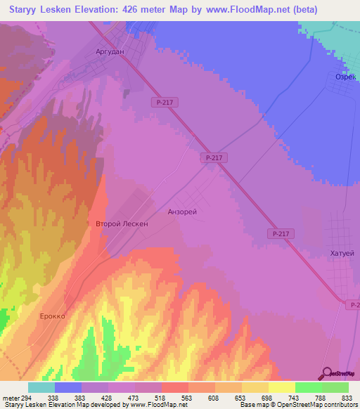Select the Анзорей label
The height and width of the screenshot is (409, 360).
tap(182, 212)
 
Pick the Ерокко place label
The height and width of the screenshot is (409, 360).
tap(52, 316)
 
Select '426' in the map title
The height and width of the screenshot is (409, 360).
tap(129, 10)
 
